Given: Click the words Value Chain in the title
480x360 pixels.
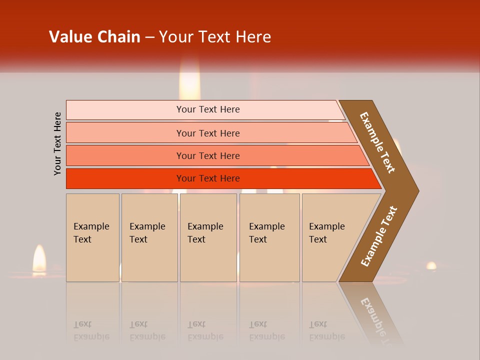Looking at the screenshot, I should [94, 37].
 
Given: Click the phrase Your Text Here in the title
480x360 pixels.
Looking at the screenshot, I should [215, 37].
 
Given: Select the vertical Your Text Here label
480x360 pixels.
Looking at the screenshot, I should [58, 144].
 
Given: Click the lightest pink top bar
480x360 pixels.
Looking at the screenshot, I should [208, 109].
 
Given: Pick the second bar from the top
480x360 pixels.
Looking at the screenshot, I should [208, 133].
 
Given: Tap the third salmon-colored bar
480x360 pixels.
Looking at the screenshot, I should [208, 155].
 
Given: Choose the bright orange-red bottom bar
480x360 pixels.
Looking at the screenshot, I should [208, 178].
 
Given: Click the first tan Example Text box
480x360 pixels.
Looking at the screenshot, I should [92, 237].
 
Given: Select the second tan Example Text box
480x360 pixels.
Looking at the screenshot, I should [149, 237].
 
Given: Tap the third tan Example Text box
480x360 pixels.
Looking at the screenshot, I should [207, 237].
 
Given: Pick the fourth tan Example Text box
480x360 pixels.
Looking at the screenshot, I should [269, 237].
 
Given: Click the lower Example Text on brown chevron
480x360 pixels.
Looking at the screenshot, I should [378, 236].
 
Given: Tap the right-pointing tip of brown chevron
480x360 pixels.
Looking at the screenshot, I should [416, 190].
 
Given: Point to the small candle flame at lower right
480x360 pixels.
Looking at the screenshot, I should [431, 265].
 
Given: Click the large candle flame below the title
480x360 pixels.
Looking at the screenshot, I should [189, 82].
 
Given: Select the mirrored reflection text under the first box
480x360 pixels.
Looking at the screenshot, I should [91, 330].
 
